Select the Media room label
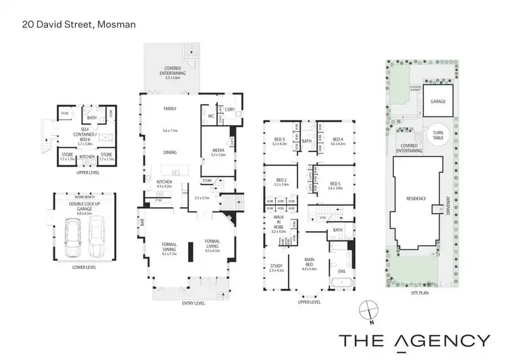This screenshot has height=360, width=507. (217, 151)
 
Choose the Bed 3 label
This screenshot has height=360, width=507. (279, 140)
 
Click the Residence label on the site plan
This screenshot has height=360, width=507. (416, 199)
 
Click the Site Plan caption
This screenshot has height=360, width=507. (420, 294)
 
